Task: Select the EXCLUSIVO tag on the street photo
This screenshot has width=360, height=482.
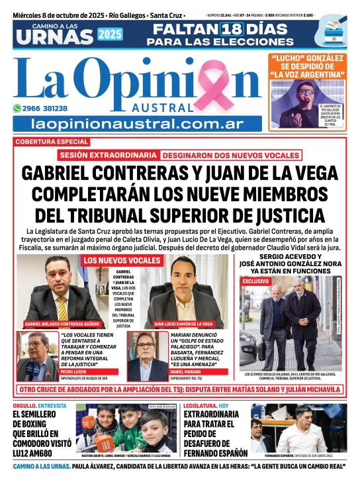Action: [x=255, y=281]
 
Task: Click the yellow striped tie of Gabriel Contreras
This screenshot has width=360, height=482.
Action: [x=61, y=306]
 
